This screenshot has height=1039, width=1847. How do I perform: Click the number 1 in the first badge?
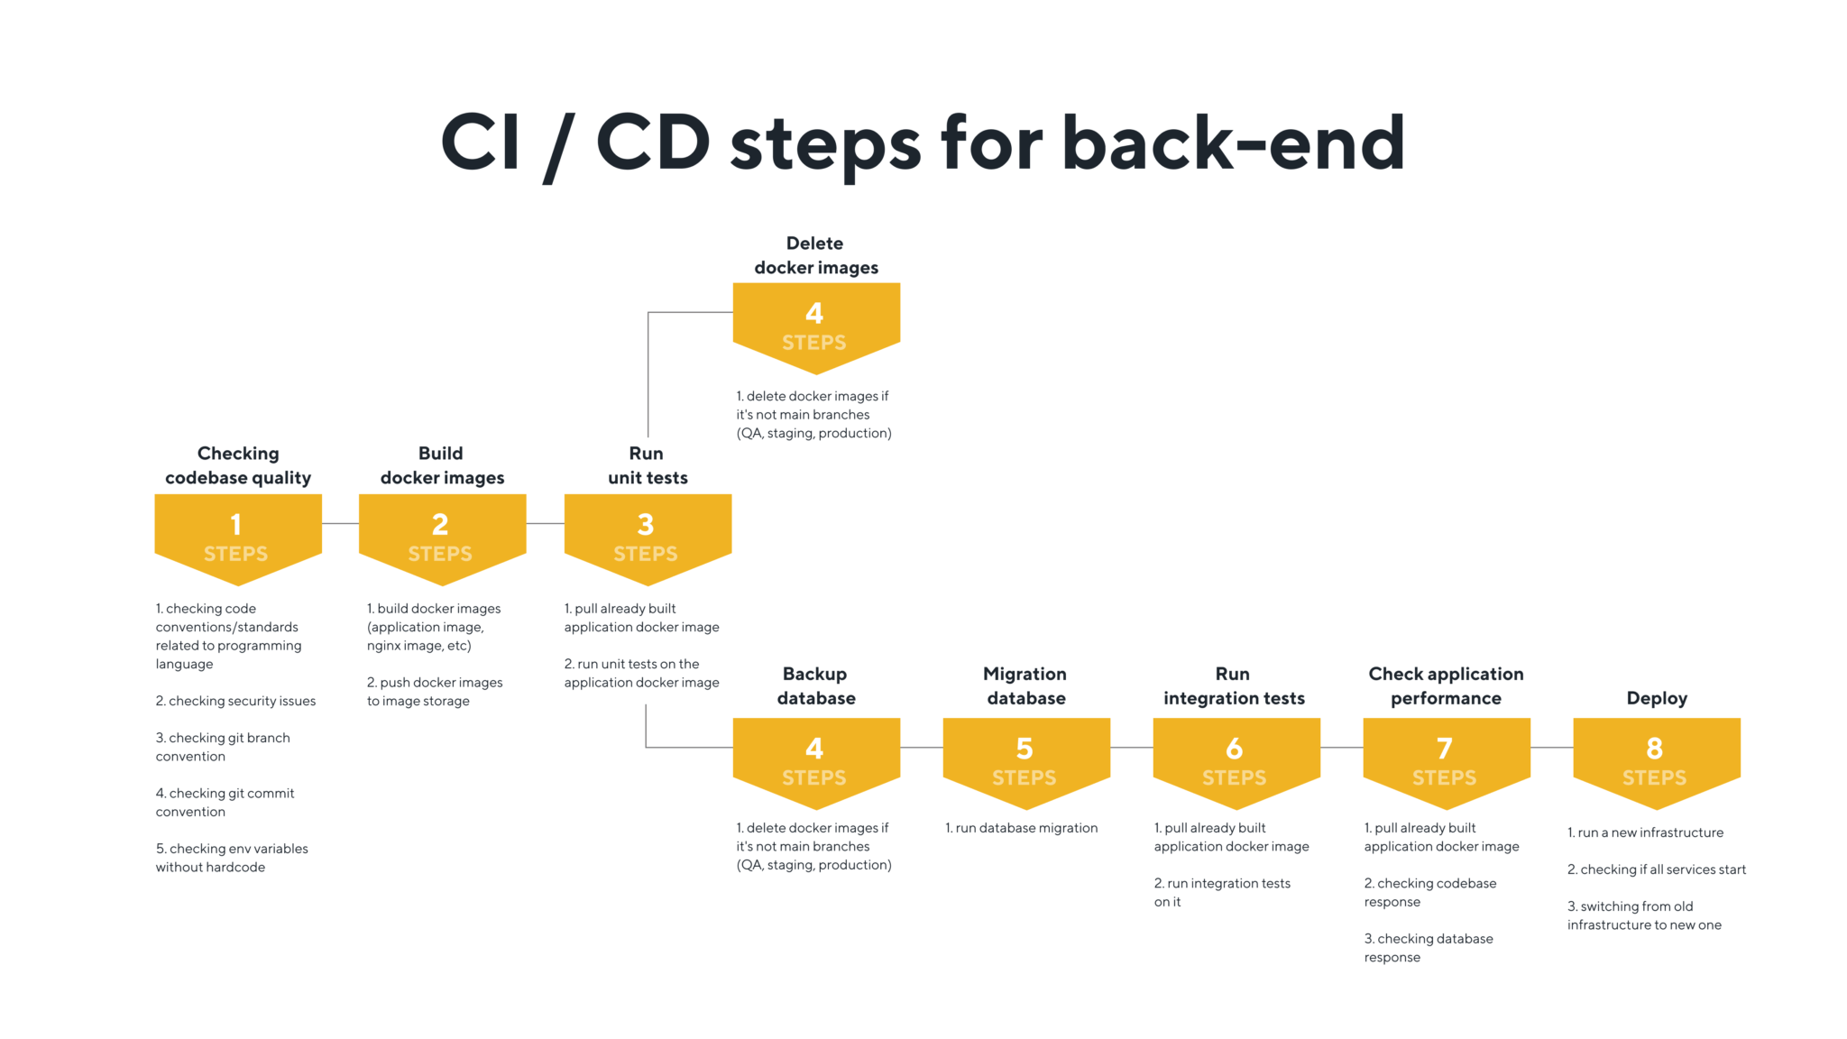pos(236,524)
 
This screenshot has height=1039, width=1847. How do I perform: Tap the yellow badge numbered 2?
pos(442,537)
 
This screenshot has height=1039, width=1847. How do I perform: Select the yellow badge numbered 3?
pos(647,537)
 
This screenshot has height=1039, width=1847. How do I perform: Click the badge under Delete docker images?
pos(816,326)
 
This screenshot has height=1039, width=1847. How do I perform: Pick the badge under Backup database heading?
pos(816,760)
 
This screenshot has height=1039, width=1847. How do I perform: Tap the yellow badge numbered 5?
pos(1025,760)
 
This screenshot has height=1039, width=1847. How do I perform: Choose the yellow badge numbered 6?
pos(1236,760)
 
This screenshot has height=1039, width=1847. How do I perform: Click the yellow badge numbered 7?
pos(1446,760)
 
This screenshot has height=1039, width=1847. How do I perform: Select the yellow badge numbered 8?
pos(1656,760)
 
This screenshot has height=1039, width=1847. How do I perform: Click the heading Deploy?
pos(1656,698)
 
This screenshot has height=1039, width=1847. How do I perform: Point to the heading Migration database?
pos(1025,685)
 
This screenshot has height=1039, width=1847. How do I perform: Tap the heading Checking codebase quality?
pos(238,465)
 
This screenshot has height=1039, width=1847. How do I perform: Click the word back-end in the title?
pos(1233,143)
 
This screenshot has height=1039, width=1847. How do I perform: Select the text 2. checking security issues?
pos(235,701)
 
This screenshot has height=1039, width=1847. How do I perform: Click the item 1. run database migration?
pos(1021,828)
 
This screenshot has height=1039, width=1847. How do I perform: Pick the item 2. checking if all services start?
pos(1656,869)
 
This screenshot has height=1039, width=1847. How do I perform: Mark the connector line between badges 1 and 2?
pos(340,523)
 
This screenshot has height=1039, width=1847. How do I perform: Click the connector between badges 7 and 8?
pos(1551,748)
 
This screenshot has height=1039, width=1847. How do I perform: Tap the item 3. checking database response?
pos(1428,948)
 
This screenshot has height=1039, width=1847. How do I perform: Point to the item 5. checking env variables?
pos(232,858)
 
